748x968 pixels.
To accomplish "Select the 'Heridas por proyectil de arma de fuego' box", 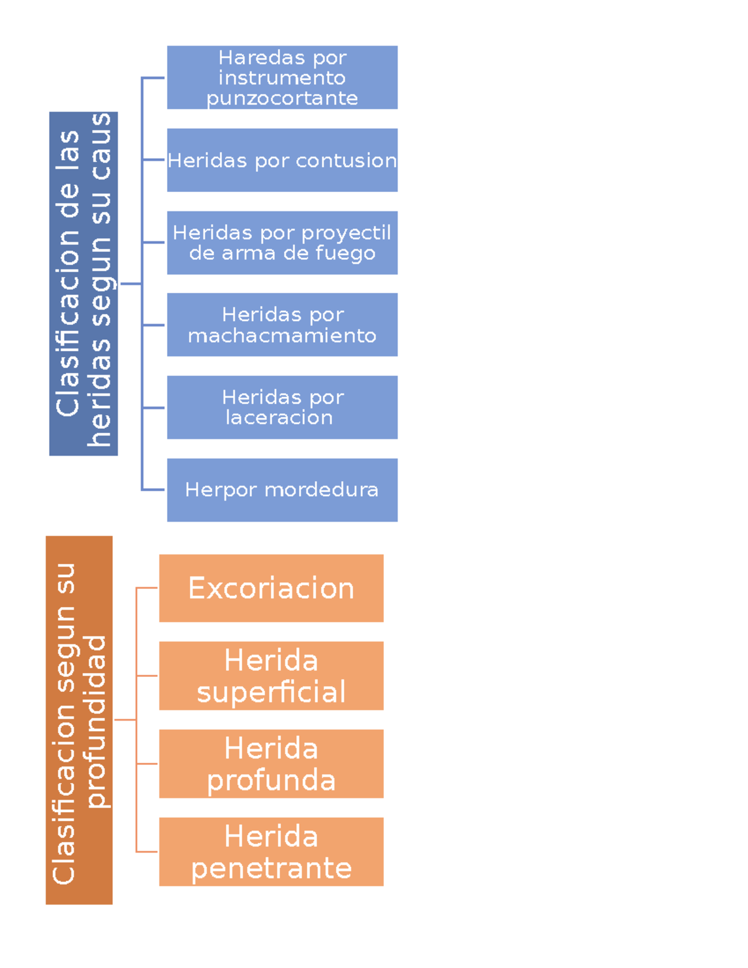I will [282, 242].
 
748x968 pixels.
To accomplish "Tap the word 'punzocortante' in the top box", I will [282, 98].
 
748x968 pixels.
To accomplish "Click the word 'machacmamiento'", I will [282, 336].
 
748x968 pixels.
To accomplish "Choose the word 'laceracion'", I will [279, 418].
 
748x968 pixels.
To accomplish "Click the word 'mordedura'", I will [321, 490].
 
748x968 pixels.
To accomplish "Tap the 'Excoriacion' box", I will [271, 588].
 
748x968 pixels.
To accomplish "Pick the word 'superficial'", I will [271, 692].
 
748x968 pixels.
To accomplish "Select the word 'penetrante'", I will [271, 868].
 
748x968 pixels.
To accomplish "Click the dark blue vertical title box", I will [83, 284].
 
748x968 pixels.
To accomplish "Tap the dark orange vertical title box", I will [79, 720].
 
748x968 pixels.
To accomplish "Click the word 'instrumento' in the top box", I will [282, 78].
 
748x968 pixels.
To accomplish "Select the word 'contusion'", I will [346, 161].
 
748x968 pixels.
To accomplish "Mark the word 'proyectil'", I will [347, 233].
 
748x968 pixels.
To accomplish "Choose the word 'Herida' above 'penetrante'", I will [271, 836].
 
